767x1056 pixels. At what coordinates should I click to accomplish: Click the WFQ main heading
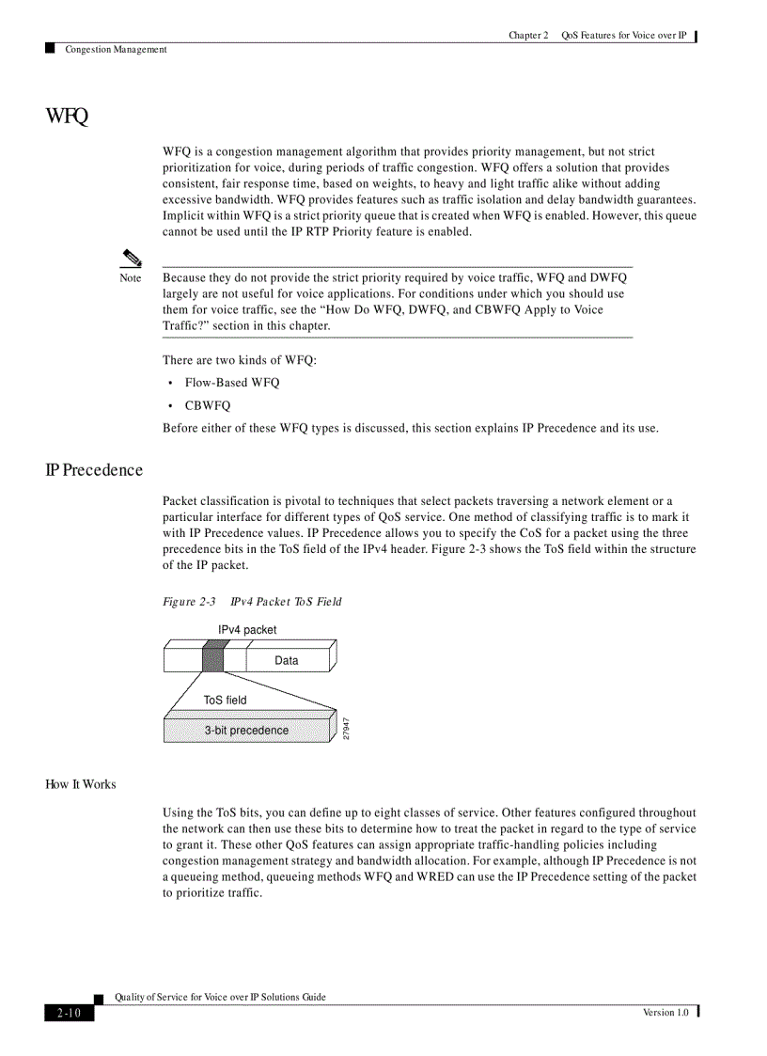pyautogui.click(x=67, y=117)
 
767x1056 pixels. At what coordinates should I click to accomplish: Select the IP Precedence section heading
pyautogui.click(x=94, y=470)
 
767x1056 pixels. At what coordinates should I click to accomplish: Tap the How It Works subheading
pyautogui.click(x=81, y=784)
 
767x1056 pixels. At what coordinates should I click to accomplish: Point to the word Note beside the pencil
pyautogui.click(x=131, y=278)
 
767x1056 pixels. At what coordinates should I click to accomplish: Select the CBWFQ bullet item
pyautogui.click(x=207, y=406)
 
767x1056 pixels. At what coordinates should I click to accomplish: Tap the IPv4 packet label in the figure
pyautogui.click(x=247, y=630)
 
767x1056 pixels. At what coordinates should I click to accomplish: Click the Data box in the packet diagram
pyautogui.click(x=287, y=661)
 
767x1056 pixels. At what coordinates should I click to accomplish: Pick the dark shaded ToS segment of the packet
pyautogui.click(x=212, y=657)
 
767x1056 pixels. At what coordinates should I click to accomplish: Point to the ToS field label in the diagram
pyautogui.click(x=226, y=701)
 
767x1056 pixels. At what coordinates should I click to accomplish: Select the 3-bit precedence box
pyautogui.click(x=247, y=731)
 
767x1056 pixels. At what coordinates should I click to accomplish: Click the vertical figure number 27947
pyautogui.click(x=346, y=728)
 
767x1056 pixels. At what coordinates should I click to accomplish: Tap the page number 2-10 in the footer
pyautogui.click(x=69, y=1013)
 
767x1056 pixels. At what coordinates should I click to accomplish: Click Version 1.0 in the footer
pyautogui.click(x=665, y=1013)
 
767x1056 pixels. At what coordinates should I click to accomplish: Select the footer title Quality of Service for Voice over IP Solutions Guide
pyautogui.click(x=220, y=997)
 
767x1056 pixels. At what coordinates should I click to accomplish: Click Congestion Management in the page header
pyautogui.click(x=116, y=50)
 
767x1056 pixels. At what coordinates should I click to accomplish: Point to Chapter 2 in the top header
pyautogui.click(x=528, y=36)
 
